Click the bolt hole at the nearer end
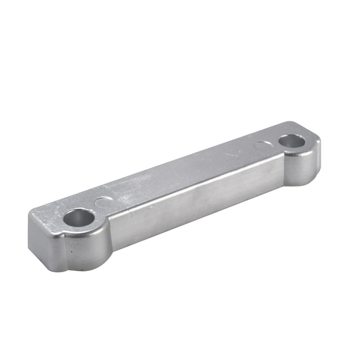[x=79, y=218]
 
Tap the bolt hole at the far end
[x=292, y=141]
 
